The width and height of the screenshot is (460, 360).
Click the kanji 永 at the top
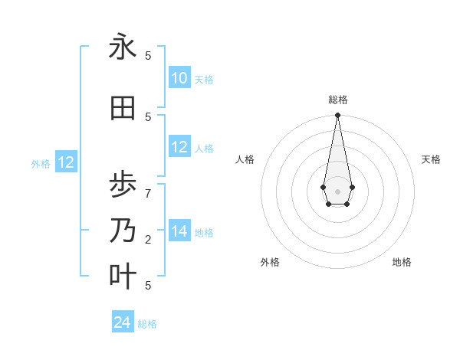[x=122, y=47]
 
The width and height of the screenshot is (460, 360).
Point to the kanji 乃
[x=122, y=231]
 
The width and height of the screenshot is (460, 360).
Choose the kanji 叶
[x=122, y=277]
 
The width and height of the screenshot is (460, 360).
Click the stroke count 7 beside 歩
[x=148, y=193]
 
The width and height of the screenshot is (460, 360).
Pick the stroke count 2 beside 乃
[x=148, y=239]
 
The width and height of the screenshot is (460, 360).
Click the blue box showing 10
[x=179, y=78]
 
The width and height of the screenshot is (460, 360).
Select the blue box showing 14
[x=179, y=231]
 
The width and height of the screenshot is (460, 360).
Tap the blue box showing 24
[x=123, y=322]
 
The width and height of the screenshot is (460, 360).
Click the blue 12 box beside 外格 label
[x=66, y=162]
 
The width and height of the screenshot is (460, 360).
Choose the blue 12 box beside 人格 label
[x=179, y=147]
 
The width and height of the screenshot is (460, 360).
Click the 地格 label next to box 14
[x=204, y=232]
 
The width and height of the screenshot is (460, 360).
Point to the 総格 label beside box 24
[x=147, y=324]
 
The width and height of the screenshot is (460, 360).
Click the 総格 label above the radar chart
[x=337, y=100]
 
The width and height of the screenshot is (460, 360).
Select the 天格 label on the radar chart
[x=431, y=159]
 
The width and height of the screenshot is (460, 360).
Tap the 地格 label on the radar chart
[x=402, y=262]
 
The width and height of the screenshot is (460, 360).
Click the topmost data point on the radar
[x=337, y=116]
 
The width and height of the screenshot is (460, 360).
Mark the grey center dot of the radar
[x=337, y=191]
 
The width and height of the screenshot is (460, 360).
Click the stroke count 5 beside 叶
[x=148, y=285]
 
